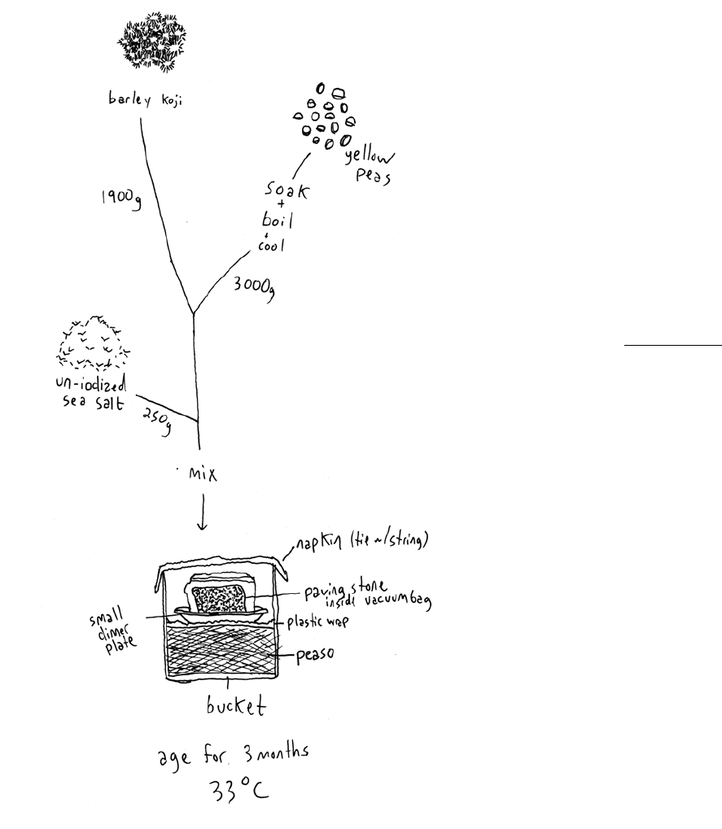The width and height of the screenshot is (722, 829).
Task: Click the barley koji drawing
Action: click(152, 41)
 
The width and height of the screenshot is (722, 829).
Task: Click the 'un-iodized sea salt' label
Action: click(91, 395)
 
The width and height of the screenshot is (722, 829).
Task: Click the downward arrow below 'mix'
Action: click(203, 516)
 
